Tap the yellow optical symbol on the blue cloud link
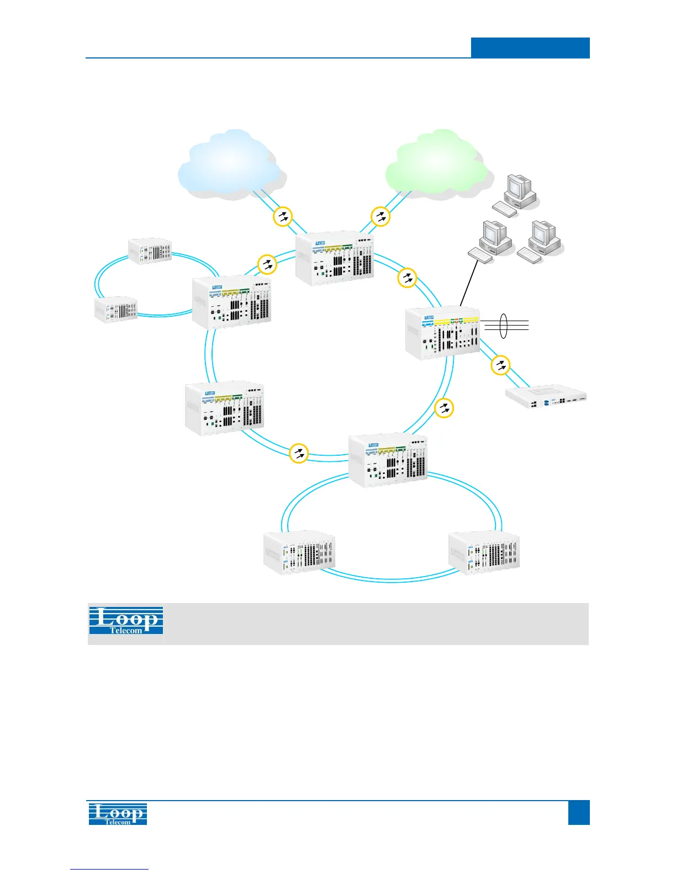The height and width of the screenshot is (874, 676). (x=283, y=216)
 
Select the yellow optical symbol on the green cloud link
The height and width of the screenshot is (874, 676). (x=381, y=216)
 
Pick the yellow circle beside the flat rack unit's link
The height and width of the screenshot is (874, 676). (x=500, y=365)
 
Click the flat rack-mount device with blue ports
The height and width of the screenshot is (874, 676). (x=546, y=401)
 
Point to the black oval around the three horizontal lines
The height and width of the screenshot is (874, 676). (x=503, y=326)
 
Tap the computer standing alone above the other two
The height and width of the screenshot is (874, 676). (x=517, y=191)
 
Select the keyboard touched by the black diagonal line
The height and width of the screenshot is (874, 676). (x=480, y=255)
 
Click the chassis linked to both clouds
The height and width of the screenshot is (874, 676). (x=334, y=259)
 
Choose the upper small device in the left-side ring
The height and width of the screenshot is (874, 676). (x=150, y=251)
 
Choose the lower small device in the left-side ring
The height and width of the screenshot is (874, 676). (x=116, y=310)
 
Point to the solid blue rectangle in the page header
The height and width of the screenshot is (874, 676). (x=530, y=47)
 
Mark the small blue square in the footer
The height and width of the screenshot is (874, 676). (x=578, y=813)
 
